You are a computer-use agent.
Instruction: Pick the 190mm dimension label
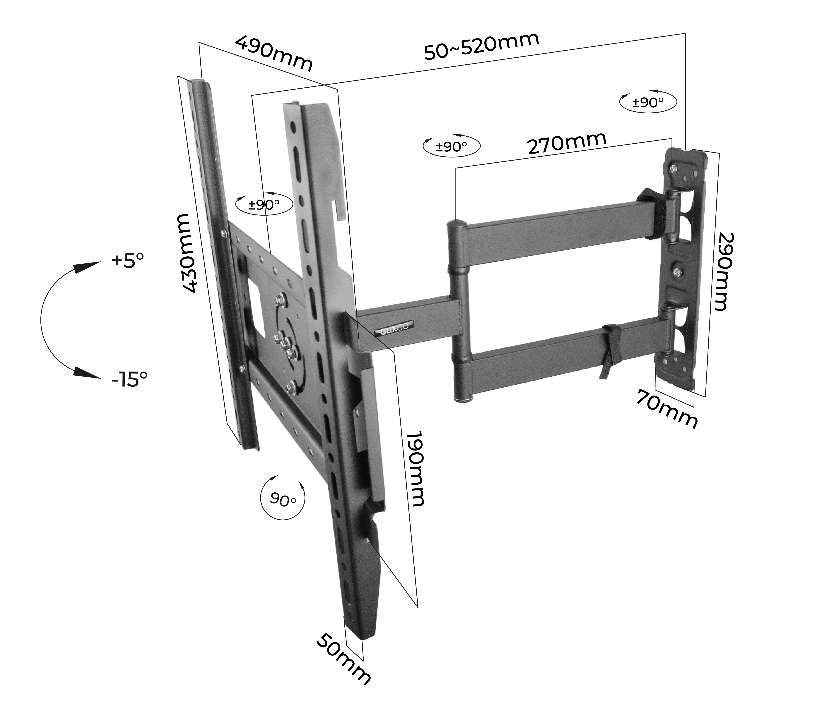[x=416, y=468]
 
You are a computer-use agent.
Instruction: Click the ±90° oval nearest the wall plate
[x=648, y=102]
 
